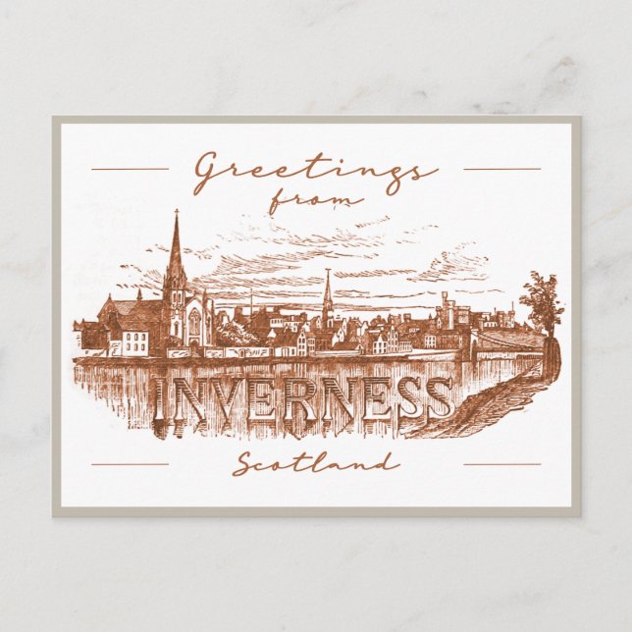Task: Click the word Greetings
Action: point(314,173)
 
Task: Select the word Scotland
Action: point(316,463)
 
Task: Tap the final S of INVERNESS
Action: point(437,398)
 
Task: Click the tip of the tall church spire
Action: point(177,212)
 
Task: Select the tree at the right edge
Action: point(542,303)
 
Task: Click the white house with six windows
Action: point(134,342)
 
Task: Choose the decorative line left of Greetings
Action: point(130,169)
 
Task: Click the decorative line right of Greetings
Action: point(501,169)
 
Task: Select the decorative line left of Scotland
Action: point(130,463)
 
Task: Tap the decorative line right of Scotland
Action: point(501,463)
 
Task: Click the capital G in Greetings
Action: point(208,174)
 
